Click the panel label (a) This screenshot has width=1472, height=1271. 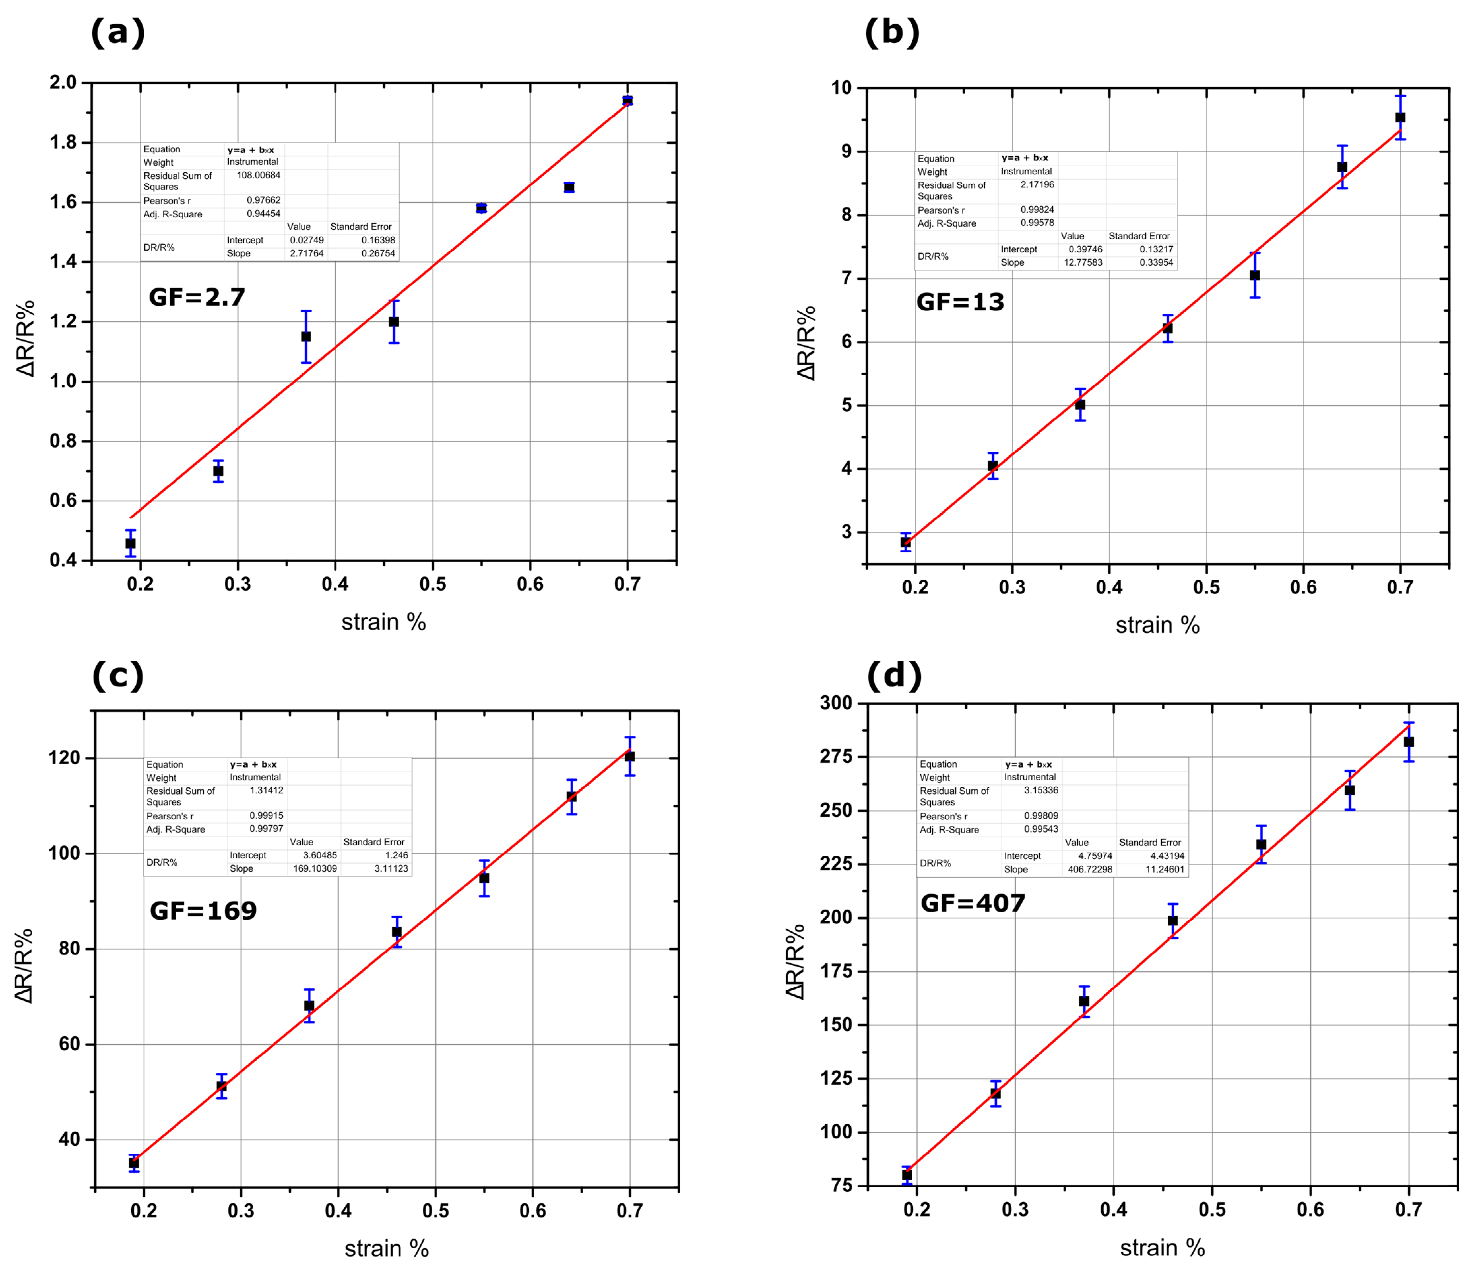pos(118,33)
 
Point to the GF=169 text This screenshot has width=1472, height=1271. pos(203,911)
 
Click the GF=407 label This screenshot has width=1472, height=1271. pos(973,903)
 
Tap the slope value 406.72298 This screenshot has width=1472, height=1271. pos(1090,869)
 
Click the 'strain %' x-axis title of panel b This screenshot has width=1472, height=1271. pos(1157,625)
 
